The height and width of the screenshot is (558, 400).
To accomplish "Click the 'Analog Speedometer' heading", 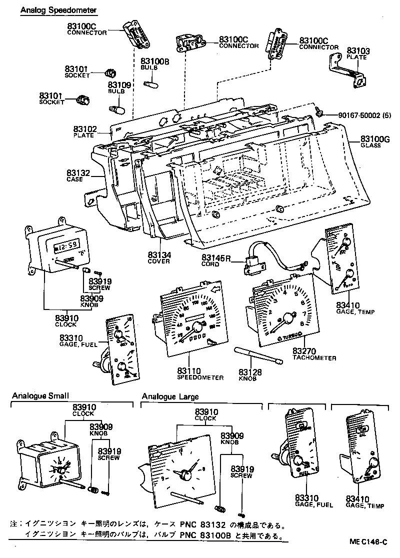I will pyautogui.click(x=58, y=10).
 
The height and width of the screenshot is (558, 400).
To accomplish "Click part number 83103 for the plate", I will pyautogui.click(x=358, y=51).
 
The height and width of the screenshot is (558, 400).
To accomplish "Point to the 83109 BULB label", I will pyautogui.click(x=119, y=88).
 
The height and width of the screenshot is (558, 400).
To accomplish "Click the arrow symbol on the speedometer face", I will pyautogui.click(x=216, y=288).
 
